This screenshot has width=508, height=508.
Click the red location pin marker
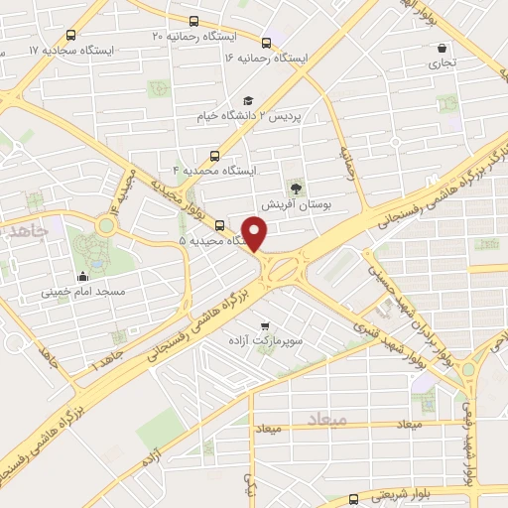(255, 234)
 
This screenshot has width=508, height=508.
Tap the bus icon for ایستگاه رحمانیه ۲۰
(193, 22)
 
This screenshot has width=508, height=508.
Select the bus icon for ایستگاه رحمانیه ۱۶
(266, 43)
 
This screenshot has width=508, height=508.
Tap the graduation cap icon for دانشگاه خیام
(248, 100)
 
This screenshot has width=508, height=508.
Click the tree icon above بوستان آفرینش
(295, 188)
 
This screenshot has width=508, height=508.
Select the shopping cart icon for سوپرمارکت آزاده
(265, 325)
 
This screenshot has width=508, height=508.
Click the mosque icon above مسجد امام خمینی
(82, 277)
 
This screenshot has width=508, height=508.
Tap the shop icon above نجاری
(441, 48)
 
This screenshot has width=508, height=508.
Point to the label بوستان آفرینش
(296, 204)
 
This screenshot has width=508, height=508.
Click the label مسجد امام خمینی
(82, 294)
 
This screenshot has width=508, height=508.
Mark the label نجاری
(442, 63)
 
